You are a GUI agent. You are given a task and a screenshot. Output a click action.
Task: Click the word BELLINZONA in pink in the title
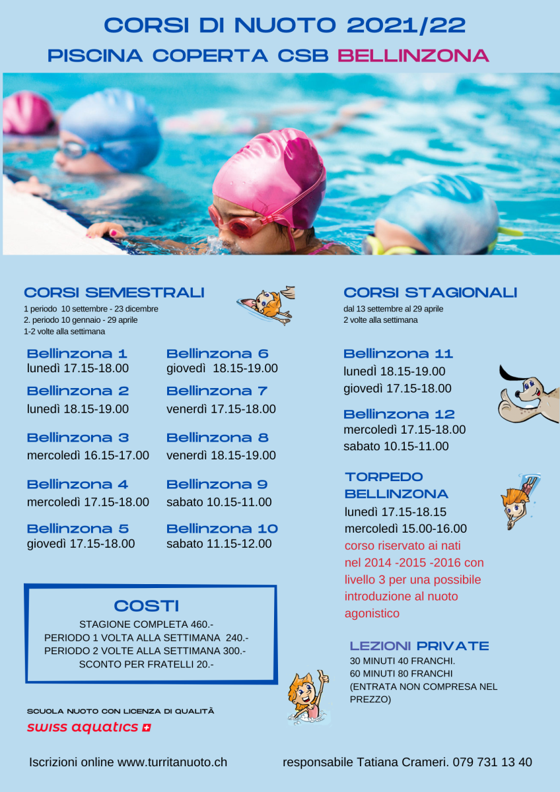click(x=413, y=55)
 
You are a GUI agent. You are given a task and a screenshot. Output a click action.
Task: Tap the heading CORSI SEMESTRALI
click(x=114, y=292)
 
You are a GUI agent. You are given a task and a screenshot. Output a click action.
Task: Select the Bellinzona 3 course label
click(x=78, y=438)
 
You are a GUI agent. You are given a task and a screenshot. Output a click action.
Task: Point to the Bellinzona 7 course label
click(x=217, y=391)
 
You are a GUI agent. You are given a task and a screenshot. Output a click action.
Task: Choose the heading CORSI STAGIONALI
click(x=431, y=292)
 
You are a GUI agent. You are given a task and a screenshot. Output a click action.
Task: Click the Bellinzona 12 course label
click(x=399, y=414)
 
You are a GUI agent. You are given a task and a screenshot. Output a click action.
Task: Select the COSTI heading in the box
click(x=147, y=606)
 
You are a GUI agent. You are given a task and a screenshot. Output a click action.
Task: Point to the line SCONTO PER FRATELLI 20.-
click(x=146, y=664)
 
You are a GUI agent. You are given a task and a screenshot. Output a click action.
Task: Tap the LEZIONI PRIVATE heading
click(x=419, y=646)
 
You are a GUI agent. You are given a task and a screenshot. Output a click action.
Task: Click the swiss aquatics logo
click(x=88, y=727)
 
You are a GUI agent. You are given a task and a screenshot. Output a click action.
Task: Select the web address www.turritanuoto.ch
click(x=172, y=762)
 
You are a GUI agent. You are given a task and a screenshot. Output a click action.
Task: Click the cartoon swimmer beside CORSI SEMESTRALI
click(x=266, y=305)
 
